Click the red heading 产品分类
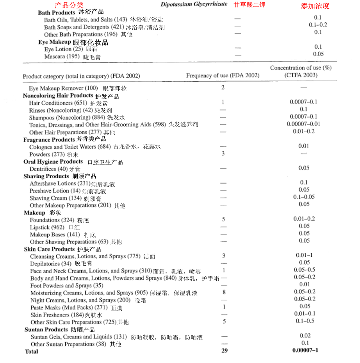(69, 5)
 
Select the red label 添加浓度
(315, 6)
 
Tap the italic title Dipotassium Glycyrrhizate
(194, 4)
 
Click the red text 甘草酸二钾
(249, 5)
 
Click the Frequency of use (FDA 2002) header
(223, 75)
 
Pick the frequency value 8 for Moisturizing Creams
(224, 292)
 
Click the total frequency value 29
(225, 350)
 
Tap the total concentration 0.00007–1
(305, 350)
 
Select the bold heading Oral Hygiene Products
(53, 161)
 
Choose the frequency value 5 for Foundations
(224, 219)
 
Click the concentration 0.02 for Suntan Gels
(305, 336)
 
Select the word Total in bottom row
(32, 351)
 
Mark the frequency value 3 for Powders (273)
(223, 153)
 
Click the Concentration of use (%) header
(301, 68)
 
